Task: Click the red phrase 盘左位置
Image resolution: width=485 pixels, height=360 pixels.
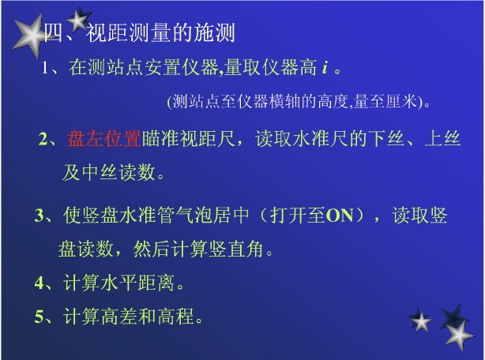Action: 104,138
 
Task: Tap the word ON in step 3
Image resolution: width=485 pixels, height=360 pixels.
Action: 340,216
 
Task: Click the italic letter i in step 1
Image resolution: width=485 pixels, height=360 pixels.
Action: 325,67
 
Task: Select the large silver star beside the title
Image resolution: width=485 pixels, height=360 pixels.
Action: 29,36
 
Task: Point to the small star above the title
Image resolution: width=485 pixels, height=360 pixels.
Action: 78,18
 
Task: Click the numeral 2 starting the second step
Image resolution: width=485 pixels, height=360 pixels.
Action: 43,139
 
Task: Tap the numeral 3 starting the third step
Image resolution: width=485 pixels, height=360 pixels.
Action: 39,216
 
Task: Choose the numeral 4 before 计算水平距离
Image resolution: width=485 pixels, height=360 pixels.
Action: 39,283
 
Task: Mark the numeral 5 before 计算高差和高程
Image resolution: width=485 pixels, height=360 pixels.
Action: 39,317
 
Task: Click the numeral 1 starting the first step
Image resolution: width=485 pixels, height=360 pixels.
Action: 45,67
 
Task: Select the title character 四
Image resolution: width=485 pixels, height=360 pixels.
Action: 53,32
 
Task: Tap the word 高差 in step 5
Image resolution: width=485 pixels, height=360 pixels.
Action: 118,317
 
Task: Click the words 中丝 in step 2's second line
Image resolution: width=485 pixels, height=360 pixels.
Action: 100,172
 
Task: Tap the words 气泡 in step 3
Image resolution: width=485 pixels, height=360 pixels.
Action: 194,216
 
